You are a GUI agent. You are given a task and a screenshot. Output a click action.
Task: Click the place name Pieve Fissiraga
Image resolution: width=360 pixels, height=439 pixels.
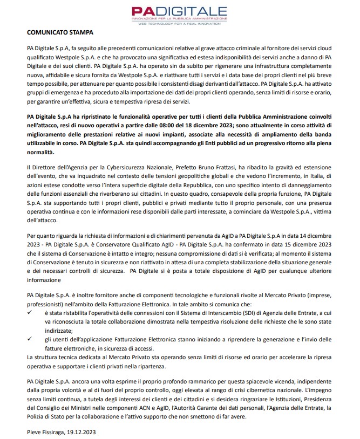point(44,432)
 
